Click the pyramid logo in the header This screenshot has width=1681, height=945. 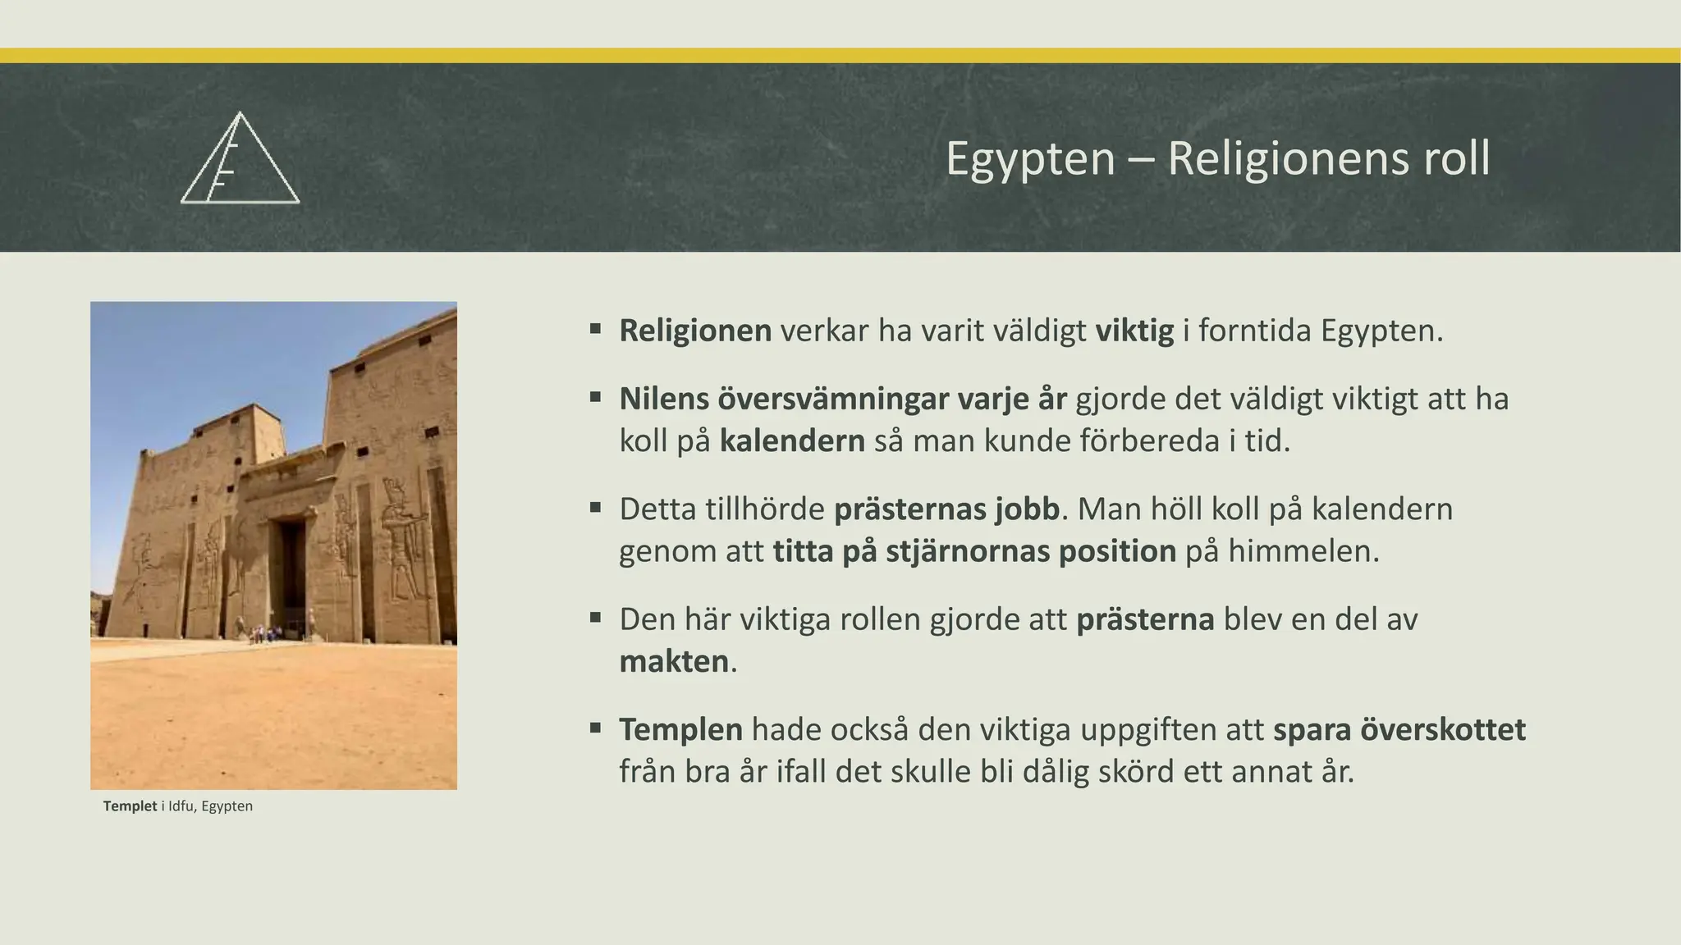pos(240,160)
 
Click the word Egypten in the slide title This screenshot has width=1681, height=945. pos(1030,158)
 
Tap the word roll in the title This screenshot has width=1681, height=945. pos(1456,158)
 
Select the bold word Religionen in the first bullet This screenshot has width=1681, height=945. pos(695,331)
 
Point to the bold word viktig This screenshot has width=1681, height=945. pos(1134,331)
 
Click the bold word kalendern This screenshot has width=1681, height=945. pos(792,441)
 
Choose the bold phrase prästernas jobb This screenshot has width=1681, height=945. pos(947,509)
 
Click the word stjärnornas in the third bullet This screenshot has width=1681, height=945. pos(968,551)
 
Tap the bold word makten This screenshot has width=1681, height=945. pos(674,661)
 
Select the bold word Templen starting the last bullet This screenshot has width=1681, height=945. pos(680,729)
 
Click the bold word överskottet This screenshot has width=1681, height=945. pos(1443,729)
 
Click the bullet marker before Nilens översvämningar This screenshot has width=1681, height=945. pos(596,398)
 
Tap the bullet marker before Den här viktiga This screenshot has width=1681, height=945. pos(596,618)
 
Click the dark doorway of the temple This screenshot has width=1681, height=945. pos(291,574)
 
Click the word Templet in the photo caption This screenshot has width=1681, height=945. pos(130,806)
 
